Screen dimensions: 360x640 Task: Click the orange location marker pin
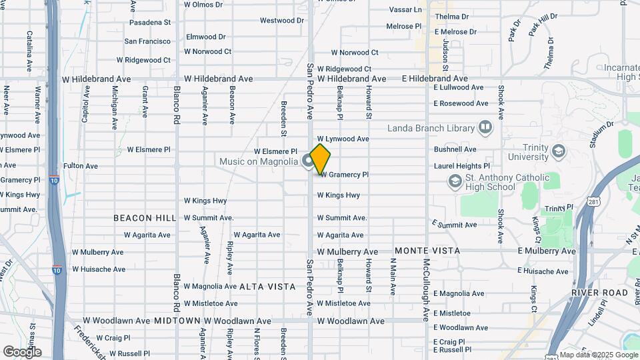(x=320, y=159)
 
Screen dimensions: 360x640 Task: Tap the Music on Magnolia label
(x=259, y=161)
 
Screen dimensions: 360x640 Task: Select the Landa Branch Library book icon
(x=485, y=127)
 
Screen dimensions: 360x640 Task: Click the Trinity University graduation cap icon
(x=557, y=152)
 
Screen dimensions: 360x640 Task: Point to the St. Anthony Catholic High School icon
(x=455, y=181)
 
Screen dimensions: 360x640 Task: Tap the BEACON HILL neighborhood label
(x=144, y=218)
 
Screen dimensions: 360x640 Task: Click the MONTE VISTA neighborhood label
(x=427, y=251)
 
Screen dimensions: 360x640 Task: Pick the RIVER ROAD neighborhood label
(x=599, y=293)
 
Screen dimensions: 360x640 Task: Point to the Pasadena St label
(x=150, y=23)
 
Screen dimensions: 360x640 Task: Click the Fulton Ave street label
(x=81, y=166)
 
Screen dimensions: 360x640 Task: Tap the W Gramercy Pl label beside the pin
(x=344, y=175)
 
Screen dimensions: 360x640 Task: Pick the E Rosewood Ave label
(x=463, y=103)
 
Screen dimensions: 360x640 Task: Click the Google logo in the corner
(x=23, y=351)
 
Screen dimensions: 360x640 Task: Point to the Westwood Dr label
(x=281, y=21)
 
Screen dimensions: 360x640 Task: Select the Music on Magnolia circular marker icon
(x=308, y=161)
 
